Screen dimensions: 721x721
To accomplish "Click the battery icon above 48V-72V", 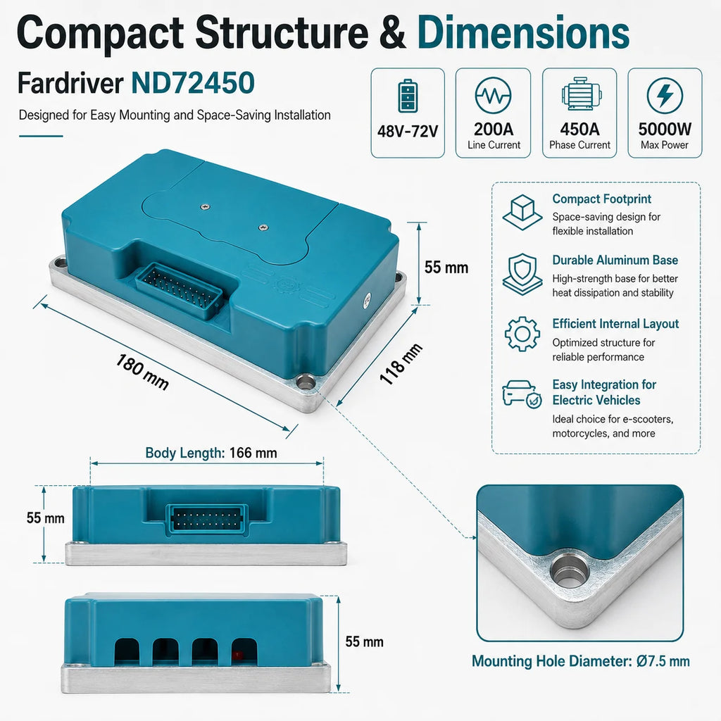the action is pyautogui.click(x=408, y=96).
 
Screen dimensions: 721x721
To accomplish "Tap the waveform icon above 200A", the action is pyautogui.click(x=493, y=96).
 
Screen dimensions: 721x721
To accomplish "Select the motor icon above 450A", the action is pyautogui.click(x=580, y=94).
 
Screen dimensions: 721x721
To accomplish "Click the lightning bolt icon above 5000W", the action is pyautogui.click(x=665, y=96).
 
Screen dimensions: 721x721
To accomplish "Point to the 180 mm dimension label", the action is pyautogui.click(x=142, y=372).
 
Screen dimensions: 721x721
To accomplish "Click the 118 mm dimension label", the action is pyautogui.click(x=401, y=363).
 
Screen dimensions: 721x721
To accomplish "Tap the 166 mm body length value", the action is pyautogui.click(x=253, y=453).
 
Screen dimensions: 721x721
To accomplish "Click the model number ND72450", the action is pyautogui.click(x=193, y=83).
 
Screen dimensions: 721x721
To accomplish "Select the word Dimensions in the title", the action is pyautogui.click(x=523, y=32).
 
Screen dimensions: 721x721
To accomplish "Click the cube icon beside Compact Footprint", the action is pyautogui.click(x=522, y=213).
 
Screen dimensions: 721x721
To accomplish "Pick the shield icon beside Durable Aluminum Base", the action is pyautogui.click(x=522, y=274).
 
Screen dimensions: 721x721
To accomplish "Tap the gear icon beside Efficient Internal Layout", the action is pyautogui.click(x=522, y=334).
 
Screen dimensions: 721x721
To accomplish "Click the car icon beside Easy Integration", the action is pyautogui.click(x=522, y=394).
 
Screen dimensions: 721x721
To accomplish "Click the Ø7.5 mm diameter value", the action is pyautogui.click(x=663, y=661).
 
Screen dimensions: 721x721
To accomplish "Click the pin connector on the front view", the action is pyautogui.click(x=206, y=519).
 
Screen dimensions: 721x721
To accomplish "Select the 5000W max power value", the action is pyautogui.click(x=665, y=130).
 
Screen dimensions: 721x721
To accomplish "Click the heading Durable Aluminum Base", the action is pyautogui.click(x=615, y=261).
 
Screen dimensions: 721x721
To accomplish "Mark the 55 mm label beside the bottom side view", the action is pyautogui.click(x=364, y=642).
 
